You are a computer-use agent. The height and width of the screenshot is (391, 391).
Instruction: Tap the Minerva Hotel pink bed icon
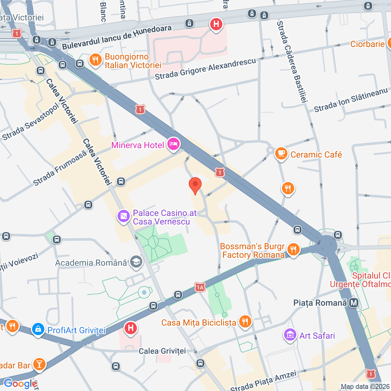pyautogui.click(x=174, y=144)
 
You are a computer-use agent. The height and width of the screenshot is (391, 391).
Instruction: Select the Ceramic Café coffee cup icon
pyautogui.click(x=281, y=154)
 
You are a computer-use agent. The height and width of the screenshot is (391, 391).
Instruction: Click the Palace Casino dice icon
pyautogui.click(x=124, y=216)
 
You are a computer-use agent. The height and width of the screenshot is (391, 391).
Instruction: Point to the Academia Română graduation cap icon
pyautogui.click(x=136, y=262)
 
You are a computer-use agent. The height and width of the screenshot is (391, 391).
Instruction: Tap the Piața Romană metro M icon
pyautogui.click(x=354, y=303)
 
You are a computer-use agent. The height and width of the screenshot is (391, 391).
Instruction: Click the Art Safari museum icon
pyautogui.click(x=290, y=335)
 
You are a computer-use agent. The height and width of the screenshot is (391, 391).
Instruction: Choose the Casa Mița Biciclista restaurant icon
pyautogui.click(x=245, y=322)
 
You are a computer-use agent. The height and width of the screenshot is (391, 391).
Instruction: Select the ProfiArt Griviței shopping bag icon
pyautogui.click(x=38, y=330)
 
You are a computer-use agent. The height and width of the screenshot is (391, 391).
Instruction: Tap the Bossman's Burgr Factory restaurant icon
pyautogui.click(x=293, y=250)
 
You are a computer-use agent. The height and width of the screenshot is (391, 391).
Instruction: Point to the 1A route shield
pyautogui.click(x=200, y=287)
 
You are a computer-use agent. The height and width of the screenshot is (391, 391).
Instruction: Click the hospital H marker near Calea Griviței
pyautogui.click(x=131, y=328)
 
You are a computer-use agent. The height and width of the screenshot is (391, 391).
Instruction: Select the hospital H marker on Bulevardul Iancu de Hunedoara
pyautogui.click(x=216, y=24)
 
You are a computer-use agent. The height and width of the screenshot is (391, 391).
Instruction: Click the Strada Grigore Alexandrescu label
pyautogui.click(x=205, y=69)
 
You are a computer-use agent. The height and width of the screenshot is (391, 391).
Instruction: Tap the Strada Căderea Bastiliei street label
pyautogui.click(x=291, y=61)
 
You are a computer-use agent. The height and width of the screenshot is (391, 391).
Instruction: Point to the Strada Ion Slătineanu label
pyautogui.click(x=351, y=100)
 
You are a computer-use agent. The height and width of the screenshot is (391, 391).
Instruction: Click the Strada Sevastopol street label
pyautogui.click(x=30, y=122)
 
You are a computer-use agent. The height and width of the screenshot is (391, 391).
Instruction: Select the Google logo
pyautogui.click(x=20, y=383)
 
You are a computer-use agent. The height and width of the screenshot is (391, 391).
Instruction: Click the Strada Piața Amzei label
pyautogui.click(x=263, y=381)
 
